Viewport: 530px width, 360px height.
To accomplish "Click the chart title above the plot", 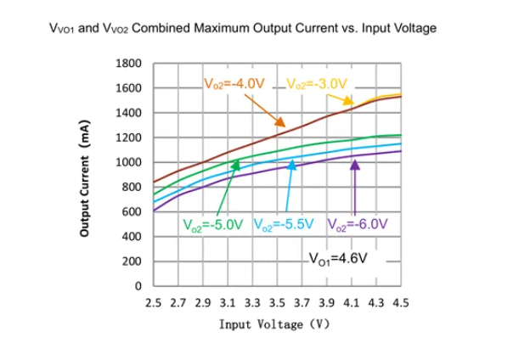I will pos(244,28).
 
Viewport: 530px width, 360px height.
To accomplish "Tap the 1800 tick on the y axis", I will pos(129,64).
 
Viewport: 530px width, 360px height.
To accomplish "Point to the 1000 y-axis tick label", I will pos(129,162).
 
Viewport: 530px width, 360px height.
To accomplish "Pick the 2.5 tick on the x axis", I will pos(154,301).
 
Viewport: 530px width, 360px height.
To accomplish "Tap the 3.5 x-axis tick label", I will pos(277,301).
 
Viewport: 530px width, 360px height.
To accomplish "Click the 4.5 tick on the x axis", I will pos(400,301).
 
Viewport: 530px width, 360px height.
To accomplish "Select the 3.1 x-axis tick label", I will pos(228,301).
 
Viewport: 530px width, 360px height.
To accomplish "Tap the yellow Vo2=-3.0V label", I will pos(318,84).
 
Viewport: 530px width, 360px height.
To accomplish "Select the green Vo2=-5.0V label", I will pos(213,225).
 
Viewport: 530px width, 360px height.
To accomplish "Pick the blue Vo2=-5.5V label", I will pos(285,225).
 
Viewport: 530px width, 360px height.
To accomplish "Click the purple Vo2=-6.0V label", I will pos(357,225).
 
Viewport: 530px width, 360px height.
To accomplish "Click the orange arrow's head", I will pos(282,124).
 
